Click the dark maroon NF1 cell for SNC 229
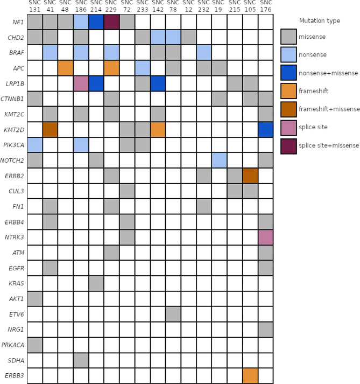(111, 22)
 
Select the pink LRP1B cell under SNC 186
(81, 83)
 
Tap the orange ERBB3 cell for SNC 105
(250, 375)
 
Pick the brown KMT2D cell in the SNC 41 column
(50, 130)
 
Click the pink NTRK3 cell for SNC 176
(265, 237)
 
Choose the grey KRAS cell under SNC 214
(96, 283)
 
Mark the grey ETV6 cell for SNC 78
(173, 314)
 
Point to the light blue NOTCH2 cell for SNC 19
(219, 160)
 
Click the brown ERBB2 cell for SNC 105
(250, 176)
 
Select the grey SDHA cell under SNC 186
(81, 360)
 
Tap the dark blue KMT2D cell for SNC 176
(265, 130)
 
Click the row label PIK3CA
(13, 145)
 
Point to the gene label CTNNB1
(12, 99)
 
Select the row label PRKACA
(13, 345)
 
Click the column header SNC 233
(143, 6)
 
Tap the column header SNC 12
(188, 6)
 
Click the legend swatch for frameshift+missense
(288, 109)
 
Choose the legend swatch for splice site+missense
(288, 146)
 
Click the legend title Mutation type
(320, 21)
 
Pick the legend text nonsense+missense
(328, 73)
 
